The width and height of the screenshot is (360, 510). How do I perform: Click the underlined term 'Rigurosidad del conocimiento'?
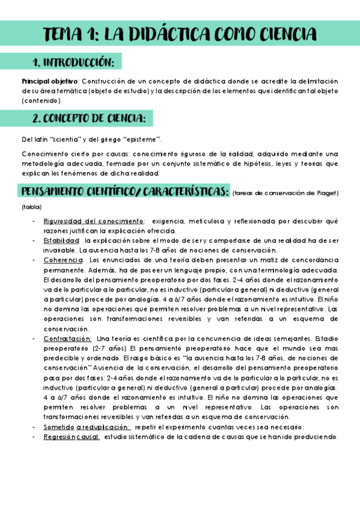pyautogui.click(x=93, y=221)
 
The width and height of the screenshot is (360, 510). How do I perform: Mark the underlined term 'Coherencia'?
pyautogui.click(x=63, y=260)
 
